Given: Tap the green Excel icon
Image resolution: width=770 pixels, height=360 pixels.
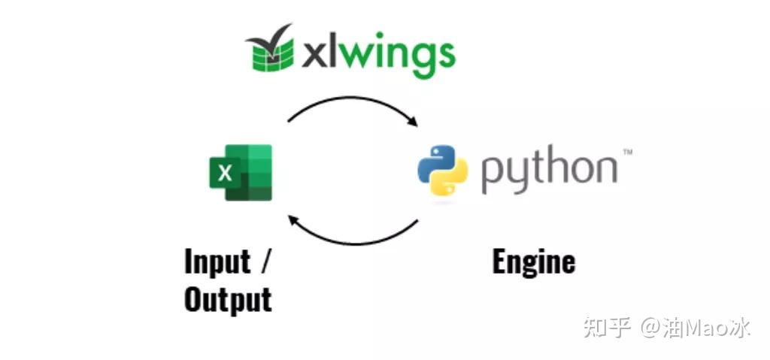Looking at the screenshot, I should pyautogui.click(x=241, y=173).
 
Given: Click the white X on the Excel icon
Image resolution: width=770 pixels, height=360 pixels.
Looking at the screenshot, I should pyautogui.click(x=225, y=174).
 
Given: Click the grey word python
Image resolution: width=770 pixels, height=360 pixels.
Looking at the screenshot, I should pyautogui.click(x=548, y=171).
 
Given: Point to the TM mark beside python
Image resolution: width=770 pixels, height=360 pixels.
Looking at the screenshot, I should pyautogui.click(x=627, y=153).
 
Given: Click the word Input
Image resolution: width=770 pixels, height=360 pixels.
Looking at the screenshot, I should pyautogui.click(x=217, y=262).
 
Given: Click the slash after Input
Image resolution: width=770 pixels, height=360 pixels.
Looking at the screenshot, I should pyautogui.click(x=265, y=262).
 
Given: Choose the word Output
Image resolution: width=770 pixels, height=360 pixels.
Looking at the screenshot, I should pyautogui.click(x=227, y=299).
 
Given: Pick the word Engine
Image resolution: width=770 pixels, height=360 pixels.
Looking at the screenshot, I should pyautogui.click(x=533, y=262).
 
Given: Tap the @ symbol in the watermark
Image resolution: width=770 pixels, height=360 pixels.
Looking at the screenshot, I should pyautogui.click(x=650, y=328).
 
